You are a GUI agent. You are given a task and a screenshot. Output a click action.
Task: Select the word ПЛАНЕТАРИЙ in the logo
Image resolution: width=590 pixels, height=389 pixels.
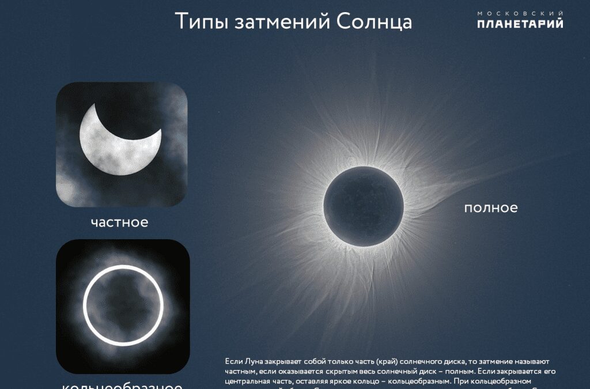520,24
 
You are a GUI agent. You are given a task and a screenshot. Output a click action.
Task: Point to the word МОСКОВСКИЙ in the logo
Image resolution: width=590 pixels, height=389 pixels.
520,13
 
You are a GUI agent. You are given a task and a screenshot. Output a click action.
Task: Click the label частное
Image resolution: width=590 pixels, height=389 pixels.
119,222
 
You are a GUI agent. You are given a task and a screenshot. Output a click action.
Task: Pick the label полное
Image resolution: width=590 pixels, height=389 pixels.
491,207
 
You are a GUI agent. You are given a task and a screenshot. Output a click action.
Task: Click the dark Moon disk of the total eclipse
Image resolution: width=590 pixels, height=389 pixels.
364,199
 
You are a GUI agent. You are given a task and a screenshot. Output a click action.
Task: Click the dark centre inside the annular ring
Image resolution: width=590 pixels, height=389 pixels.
123,304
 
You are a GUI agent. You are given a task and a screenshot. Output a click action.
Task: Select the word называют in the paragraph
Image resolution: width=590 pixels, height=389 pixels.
538,361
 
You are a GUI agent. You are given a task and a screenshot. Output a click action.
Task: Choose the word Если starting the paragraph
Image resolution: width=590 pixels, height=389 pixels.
233,361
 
